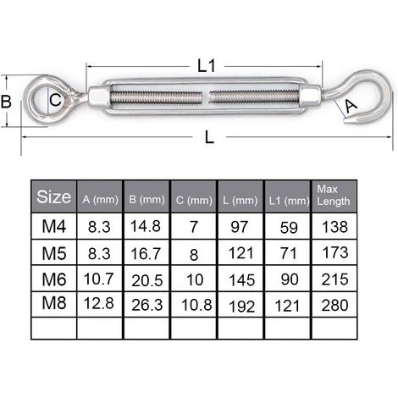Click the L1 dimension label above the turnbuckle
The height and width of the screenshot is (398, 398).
point(203,64)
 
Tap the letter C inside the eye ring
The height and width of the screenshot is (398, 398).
point(54,100)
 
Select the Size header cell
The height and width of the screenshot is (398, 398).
point(54,198)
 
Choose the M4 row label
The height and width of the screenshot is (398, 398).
point(54,227)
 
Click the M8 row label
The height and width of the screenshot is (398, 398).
point(54,303)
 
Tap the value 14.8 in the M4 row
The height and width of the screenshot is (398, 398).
point(146,227)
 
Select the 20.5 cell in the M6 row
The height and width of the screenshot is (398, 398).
point(146,278)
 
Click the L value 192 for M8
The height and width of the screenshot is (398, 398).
point(240,303)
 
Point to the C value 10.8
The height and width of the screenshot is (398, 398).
point(193,303)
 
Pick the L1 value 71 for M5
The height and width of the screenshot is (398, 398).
point(287,252)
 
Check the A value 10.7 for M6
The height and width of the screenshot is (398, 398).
point(99,278)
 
